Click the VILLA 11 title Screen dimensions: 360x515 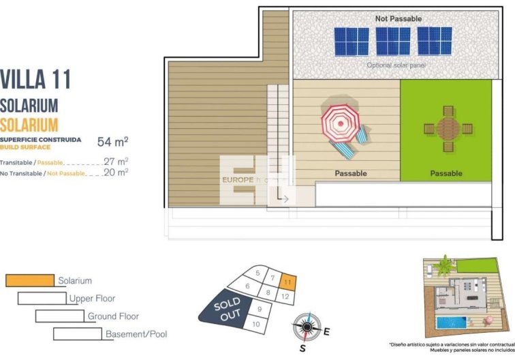click(x=35, y=79)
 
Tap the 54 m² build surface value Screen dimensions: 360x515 click(x=113, y=142)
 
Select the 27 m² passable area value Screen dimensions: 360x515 click(x=116, y=162)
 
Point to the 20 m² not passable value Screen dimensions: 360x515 click(x=116, y=172)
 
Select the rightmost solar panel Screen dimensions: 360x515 click(x=435, y=41)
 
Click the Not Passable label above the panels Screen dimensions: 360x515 click(x=399, y=18)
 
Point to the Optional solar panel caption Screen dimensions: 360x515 click(x=396, y=65)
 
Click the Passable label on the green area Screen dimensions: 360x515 click(x=446, y=173)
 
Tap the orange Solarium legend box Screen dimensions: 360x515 click(x=29, y=280)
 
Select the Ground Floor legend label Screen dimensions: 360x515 click(x=113, y=316)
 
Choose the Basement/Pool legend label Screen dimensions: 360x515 click(x=136, y=334)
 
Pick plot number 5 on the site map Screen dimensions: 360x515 click(x=257, y=273)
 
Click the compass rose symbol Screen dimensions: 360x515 click(x=307, y=327)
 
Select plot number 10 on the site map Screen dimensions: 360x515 click(x=257, y=325)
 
